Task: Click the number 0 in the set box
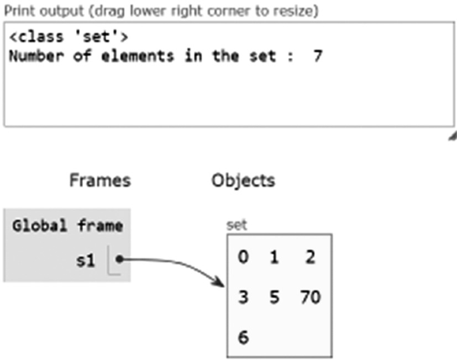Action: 244,257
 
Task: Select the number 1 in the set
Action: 274,257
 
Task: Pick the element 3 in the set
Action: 244,297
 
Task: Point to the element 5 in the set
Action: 274,297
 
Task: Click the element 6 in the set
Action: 244,337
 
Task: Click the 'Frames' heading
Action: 100,180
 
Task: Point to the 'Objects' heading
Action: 243,180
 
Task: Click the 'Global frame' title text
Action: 67,225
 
